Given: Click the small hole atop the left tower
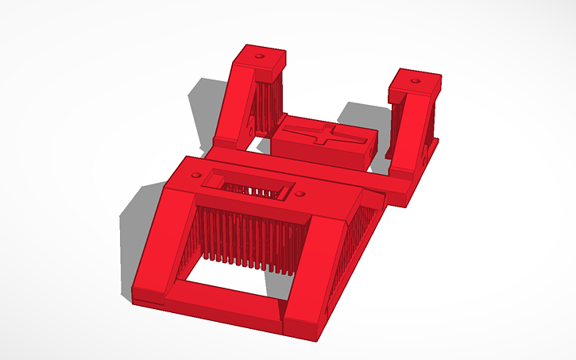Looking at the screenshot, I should (x=258, y=57).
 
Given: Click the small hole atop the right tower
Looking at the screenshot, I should (x=415, y=81).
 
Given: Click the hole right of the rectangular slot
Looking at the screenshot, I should (x=300, y=193).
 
